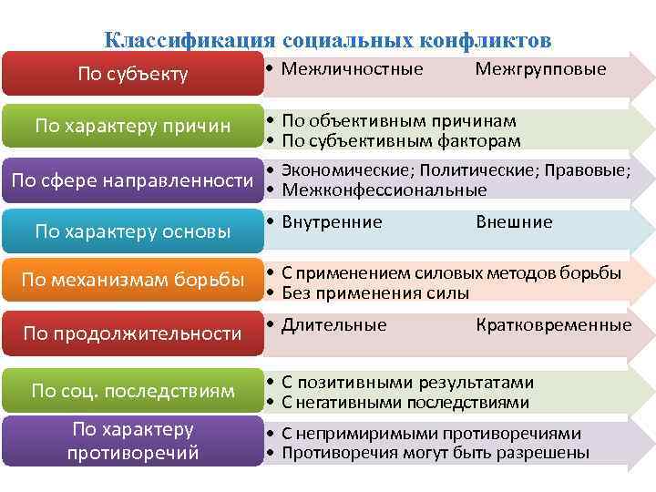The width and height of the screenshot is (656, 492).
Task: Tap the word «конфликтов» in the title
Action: coord(486,41)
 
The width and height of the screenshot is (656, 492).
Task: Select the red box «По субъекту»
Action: coord(133,74)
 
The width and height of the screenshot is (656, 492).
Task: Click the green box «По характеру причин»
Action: coord(133,126)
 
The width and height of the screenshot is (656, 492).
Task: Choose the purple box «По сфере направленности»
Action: coord(133,180)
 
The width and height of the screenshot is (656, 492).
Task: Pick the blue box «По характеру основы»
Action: coord(133,231)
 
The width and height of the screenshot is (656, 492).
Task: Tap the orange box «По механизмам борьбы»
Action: coord(133,280)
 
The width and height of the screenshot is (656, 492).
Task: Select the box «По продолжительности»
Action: coord(133,333)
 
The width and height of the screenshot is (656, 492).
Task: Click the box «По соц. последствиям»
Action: coord(133,391)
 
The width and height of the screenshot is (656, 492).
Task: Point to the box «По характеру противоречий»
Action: coord(133,441)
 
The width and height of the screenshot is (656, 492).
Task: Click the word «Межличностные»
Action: coord(353,69)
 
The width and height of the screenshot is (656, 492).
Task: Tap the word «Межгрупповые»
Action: coord(540,69)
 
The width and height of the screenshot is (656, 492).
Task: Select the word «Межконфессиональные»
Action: coord(384,190)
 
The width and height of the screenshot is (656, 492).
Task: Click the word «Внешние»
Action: coord(514,222)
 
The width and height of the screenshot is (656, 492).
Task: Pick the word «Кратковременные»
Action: coord(554,325)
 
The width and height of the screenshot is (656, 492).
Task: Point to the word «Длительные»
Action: coord(334,325)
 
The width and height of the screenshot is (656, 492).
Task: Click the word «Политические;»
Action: coord(477,170)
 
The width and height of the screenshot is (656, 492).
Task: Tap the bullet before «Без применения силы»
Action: coord(271,292)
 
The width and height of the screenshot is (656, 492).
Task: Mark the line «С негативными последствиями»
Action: coord(405,403)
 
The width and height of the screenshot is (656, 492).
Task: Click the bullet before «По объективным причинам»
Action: coord(271,120)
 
